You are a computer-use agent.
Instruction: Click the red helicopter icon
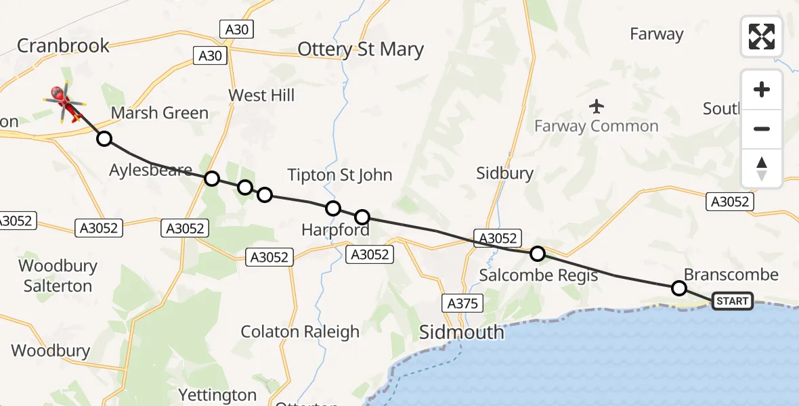click(65, 102)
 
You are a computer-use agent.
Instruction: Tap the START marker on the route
click(732, 301)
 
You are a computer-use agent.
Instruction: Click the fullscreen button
click(762, 37)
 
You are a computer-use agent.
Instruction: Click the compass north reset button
click(762, 168)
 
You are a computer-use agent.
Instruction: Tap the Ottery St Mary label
click(361, 50)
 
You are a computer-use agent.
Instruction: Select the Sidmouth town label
click(461, 332)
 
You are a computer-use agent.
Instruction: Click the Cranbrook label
click(63, 46)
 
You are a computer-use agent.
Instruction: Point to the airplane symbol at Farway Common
click(597, 106)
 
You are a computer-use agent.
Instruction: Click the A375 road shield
click(462, 303)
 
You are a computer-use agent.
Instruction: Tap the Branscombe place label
click(731, 275)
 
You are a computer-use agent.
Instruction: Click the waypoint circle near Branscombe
click(679, 288)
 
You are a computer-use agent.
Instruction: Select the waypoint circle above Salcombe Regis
click(537, 254)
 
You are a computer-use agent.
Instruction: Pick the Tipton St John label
click(340, 175)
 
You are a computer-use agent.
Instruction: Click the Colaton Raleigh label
click(301, 332)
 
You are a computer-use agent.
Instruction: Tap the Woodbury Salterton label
click(58, 275)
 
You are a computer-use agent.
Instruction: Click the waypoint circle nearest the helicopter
click(104, 139)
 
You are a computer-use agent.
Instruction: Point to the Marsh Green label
click(159, 113)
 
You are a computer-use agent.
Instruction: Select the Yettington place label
click(217, 394)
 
